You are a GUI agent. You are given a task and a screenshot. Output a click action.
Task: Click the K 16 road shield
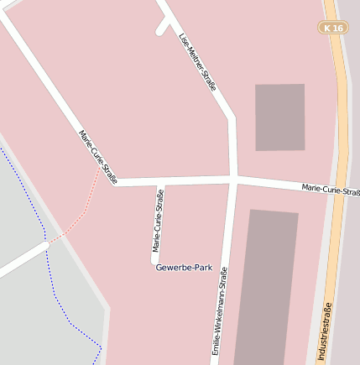333,28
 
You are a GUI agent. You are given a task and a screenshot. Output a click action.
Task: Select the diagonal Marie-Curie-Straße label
97,157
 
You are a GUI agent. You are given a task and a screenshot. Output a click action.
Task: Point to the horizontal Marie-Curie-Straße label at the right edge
330,190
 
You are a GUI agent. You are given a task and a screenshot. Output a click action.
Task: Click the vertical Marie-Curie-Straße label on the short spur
158,220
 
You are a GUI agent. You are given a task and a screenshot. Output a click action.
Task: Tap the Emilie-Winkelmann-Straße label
220,310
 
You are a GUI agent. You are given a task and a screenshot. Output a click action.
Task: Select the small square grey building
279,117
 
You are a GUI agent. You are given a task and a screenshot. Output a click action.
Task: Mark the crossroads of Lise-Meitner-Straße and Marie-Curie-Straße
234,179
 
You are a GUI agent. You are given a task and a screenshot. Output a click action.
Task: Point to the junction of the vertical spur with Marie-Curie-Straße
159,181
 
